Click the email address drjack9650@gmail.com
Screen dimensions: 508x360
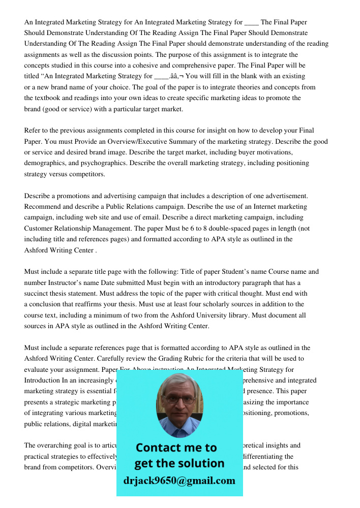tap(179, 481)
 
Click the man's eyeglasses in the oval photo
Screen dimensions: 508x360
tap(179, 399)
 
